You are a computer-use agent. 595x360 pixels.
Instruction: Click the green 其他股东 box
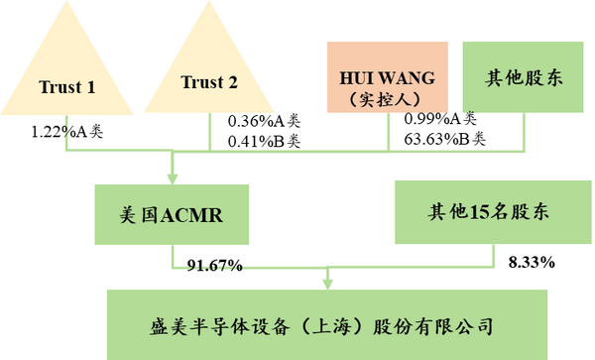[x=523, y=77]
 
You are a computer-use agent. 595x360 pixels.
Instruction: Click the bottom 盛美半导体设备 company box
[x=326, y=324]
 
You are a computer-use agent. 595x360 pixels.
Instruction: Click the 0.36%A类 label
[x=263, y=121]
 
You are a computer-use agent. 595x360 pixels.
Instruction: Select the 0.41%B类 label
[x=263, y=140]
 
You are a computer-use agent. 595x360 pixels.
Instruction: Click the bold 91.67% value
[x=215, y=265]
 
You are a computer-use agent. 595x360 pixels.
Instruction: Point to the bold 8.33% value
[x=531, y=263]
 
